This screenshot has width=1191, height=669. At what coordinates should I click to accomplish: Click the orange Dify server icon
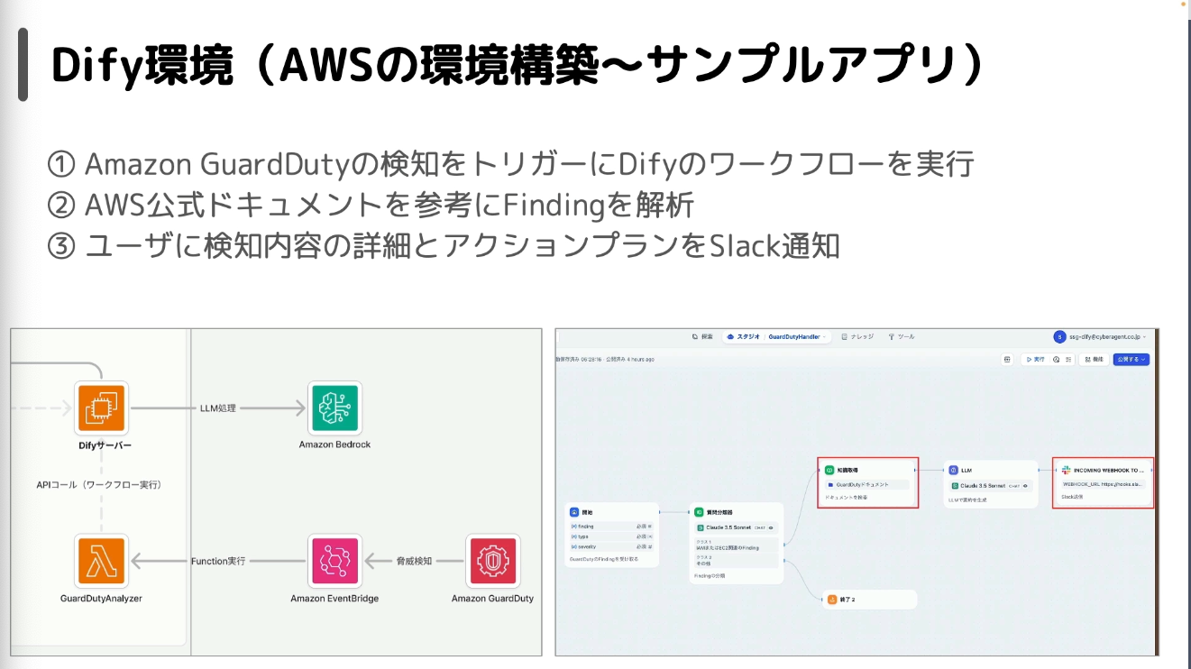pyautogui.click(x=101, y=409)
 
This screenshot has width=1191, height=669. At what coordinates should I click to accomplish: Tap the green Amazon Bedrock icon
pyautogui.click(x=334, y=408)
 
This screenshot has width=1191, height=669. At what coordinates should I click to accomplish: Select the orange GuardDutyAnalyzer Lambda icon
pyautogui.click(x=101, y=562)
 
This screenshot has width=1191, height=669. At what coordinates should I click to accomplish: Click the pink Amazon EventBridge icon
pyautogui.click(x=334, y=562)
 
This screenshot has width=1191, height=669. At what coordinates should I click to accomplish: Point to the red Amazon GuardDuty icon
pyautogui.click(x=492, y=562)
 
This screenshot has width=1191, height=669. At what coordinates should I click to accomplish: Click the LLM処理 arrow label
pyautogui.click(x=217, y=408)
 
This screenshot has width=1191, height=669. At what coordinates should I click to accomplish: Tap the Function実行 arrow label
pyautogui.click(x=218, y=561)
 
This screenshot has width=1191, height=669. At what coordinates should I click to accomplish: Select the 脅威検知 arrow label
pyautogui.click(x=414, y=561)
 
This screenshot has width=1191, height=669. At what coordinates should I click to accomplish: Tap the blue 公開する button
pyautogui.click(x=1131, y=359)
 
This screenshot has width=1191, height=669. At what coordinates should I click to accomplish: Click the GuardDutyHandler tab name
pyautogui.click(x=794, y=336)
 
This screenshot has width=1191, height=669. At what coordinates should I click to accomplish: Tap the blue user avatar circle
pyautogui.click(x=1059, y=336)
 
